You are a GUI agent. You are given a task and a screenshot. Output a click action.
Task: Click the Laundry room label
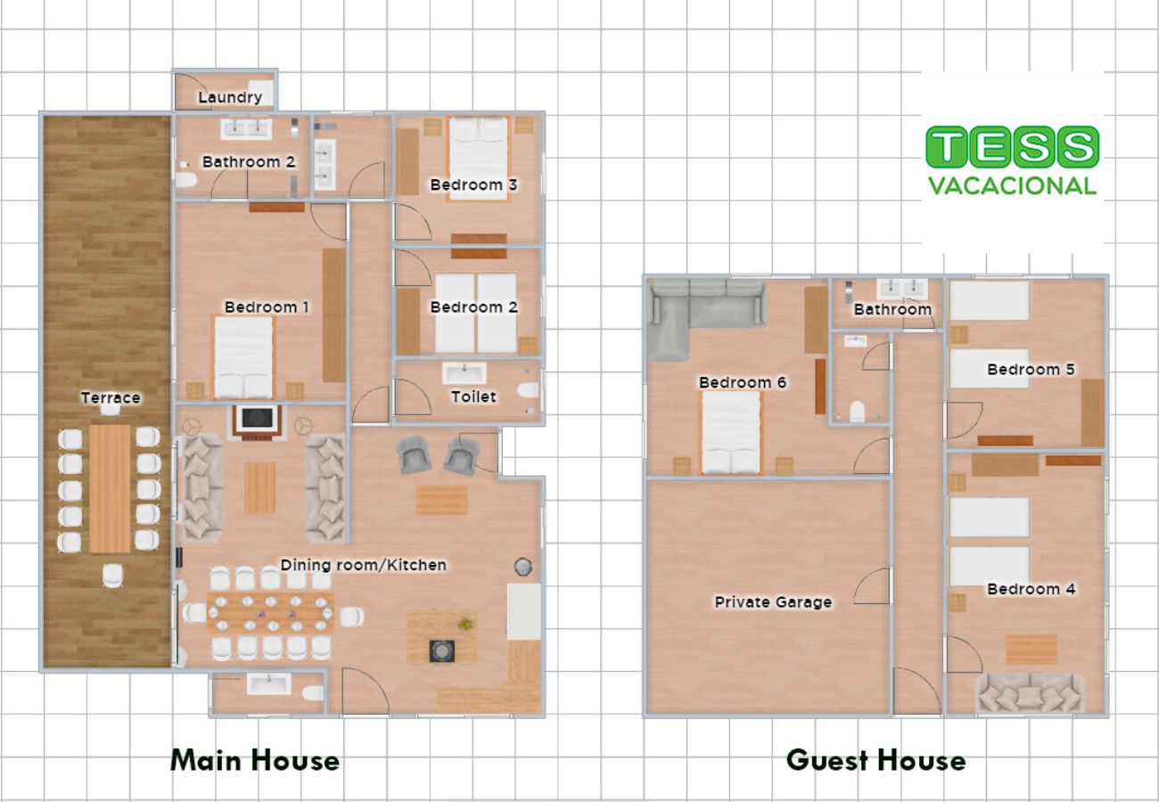click(x=230, y=97)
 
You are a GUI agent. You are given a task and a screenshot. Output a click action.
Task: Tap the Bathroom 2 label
click(x=249, y=162)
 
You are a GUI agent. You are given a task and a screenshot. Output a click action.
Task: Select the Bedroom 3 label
click(x=473, y=184)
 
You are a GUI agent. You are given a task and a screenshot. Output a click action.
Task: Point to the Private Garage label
click(x=773, y=601)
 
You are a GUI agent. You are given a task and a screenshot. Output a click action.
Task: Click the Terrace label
click(x=111, y=397)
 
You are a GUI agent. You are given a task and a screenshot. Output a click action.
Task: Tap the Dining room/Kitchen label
click(x=363, y=565)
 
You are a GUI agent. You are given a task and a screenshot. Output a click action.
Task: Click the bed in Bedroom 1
click(x=243, y=356)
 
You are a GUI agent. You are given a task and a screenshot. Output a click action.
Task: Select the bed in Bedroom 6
click(x=730, y=432)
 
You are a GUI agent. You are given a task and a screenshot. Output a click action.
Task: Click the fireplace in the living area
click(x=257, y=422)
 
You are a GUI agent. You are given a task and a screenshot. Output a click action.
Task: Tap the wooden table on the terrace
click(x=110, y=488)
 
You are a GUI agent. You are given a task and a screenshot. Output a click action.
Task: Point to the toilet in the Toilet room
click(x=528, y=389)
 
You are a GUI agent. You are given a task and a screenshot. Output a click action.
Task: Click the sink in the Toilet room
click(x=464, y=372)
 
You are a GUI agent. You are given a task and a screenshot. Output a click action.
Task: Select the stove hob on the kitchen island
click(x=442, y=651)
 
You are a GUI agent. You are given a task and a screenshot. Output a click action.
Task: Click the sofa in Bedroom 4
click(x=1029, y=693)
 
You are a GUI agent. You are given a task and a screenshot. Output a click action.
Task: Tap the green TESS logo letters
click(x=1012, y=147)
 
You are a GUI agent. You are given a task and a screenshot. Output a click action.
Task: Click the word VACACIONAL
click(x=1012, y=186)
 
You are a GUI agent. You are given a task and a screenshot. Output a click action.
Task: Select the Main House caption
click(x=255, y=761)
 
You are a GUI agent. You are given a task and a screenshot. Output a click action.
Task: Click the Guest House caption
click(x=876, y=761)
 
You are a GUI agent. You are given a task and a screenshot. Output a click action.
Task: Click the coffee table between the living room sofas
click(x=259, y=487)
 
